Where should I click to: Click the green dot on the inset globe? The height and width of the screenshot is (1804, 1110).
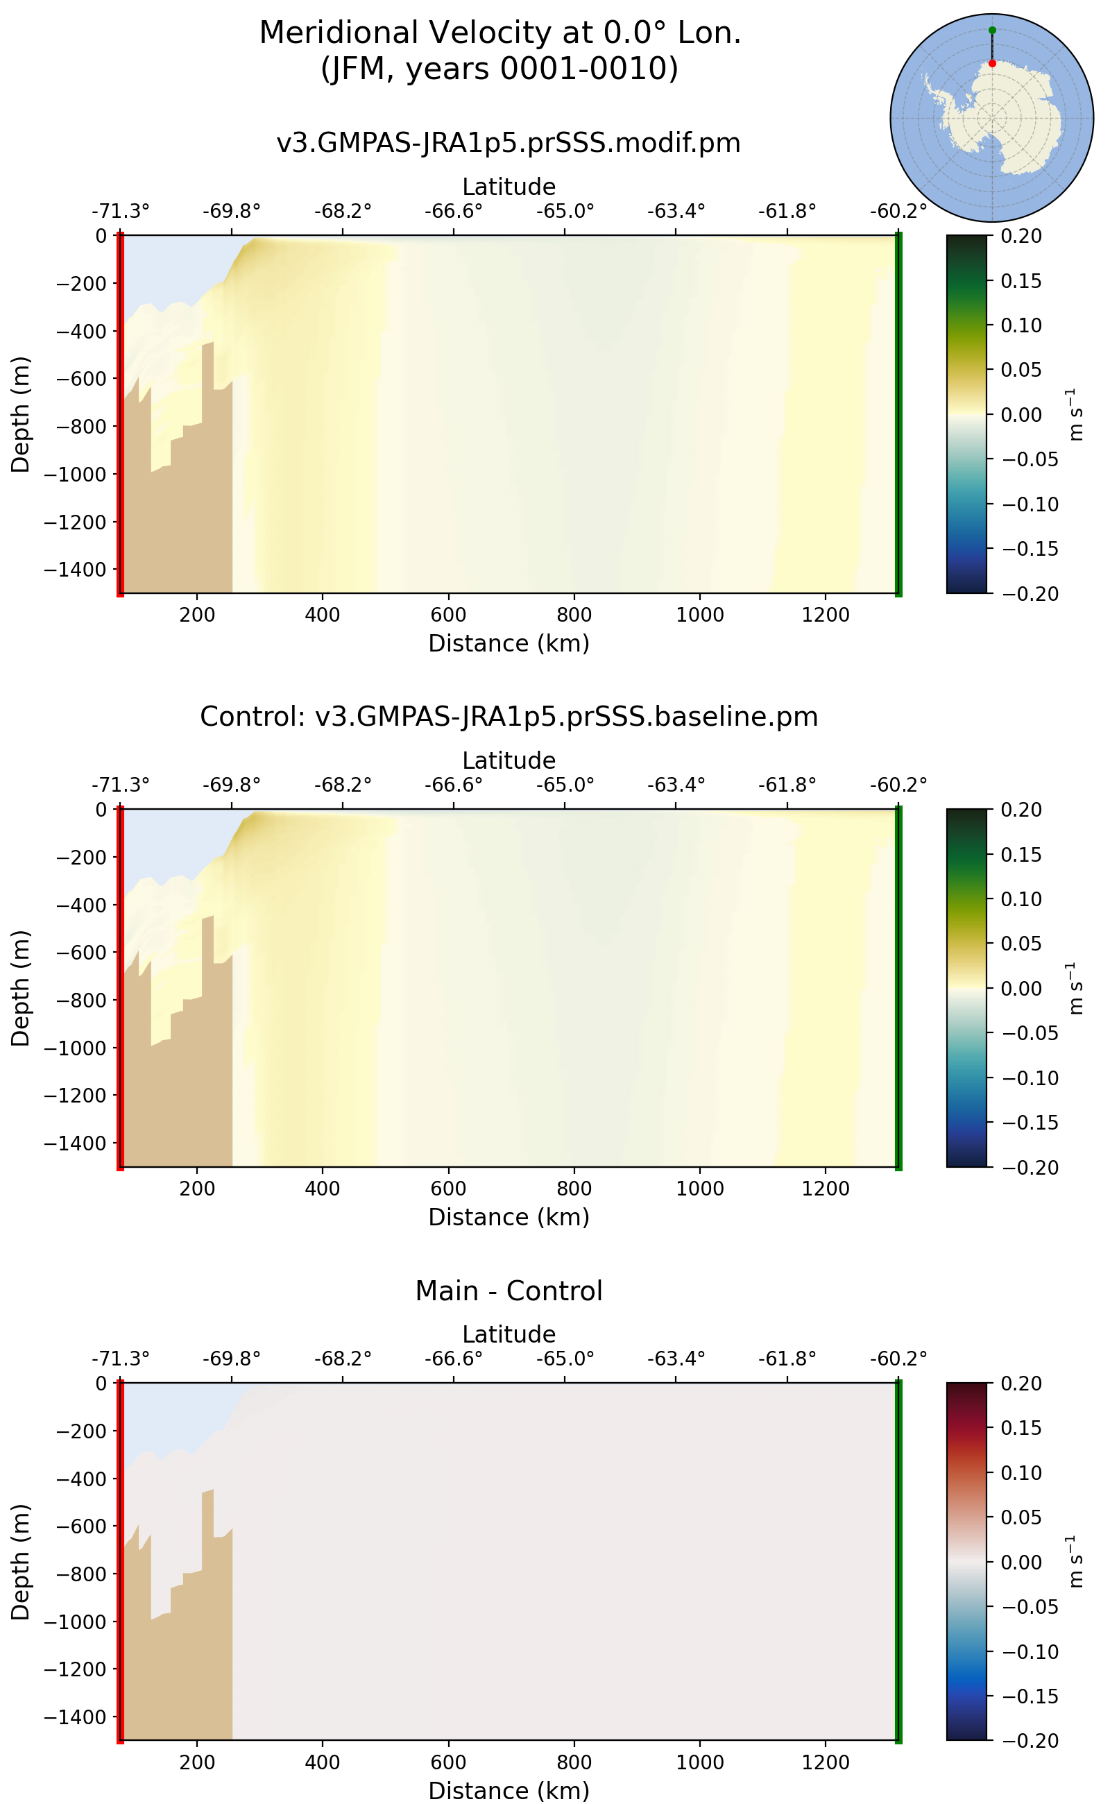(992, 30)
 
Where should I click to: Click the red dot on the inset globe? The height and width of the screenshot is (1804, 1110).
(992, 64)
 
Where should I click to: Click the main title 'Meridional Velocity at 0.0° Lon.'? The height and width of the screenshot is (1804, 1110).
(500, 33)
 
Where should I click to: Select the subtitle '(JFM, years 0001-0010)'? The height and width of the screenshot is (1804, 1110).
(500, 68)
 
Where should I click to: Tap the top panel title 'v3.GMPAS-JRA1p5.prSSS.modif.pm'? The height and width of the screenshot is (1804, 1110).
(508, 142)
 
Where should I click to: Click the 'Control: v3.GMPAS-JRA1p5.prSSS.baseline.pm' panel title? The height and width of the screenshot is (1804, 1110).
(508, 717)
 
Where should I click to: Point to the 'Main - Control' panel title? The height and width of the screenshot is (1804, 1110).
(508, 1291)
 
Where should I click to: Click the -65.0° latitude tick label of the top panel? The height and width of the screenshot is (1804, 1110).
(565, 212)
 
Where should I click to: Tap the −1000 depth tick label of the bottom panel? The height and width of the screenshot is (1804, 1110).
(75, 1622)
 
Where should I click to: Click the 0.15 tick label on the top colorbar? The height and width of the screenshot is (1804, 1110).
(1021, 280)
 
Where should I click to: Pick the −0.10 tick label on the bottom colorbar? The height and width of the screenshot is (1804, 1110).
(1030, 1652)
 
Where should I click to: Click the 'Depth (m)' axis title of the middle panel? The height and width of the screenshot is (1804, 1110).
(21, 987)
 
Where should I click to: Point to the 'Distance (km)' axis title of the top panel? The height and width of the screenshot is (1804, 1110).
(508, 643)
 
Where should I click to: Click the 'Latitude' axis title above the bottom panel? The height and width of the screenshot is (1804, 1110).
(508, 1334)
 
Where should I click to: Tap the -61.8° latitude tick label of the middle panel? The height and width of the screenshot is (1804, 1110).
(787, 785)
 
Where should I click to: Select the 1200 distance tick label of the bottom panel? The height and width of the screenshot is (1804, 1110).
(825, 1762)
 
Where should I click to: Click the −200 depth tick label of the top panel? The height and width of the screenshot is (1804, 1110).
(80, 283)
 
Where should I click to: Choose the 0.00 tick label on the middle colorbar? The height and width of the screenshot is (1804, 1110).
(1021, 988)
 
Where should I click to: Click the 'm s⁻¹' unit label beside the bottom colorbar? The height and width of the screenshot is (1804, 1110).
(1074, 1562)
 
